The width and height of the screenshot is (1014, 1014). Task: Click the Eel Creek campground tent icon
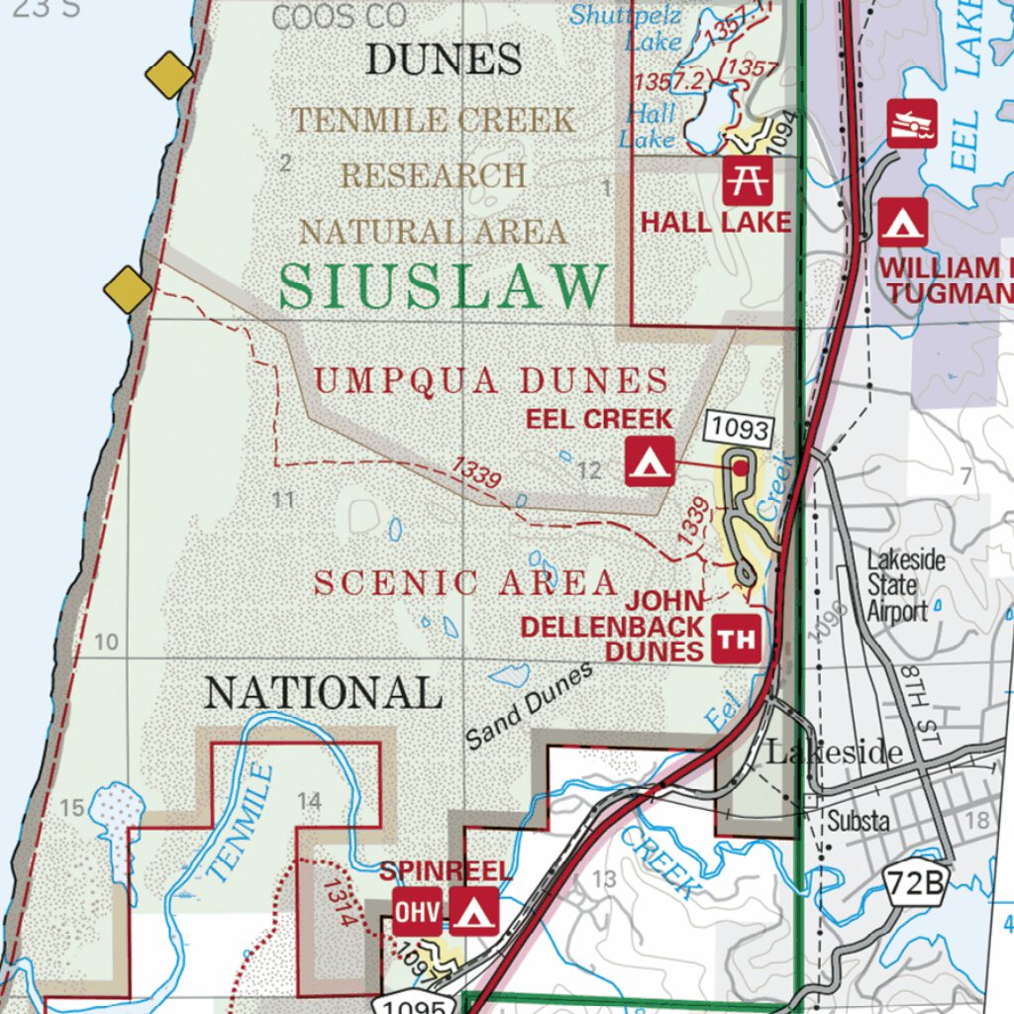point(650,460)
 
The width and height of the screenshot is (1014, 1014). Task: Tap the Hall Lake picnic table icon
point(748,180)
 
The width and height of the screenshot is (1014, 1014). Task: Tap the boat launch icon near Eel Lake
point(911,124)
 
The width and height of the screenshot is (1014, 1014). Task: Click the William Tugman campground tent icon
point(903,222)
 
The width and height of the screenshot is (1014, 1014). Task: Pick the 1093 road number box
point(739,429)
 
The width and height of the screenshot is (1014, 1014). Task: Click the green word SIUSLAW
point(443,287)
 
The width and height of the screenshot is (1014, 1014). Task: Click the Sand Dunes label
point(530,705)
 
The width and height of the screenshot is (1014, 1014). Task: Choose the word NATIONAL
point(323,693)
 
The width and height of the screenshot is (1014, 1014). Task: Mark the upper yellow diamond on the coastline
point(168,75)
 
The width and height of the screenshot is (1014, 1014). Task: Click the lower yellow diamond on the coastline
point(128,290)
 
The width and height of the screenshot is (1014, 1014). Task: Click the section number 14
point(309,801)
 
